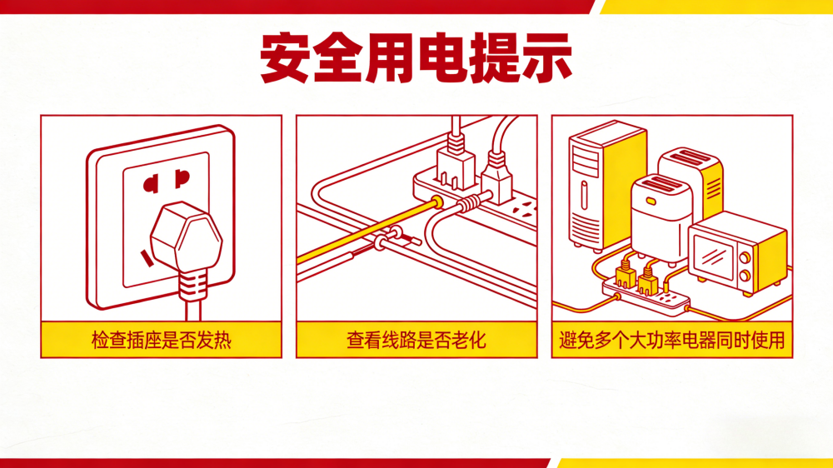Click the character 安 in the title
pos(285,57)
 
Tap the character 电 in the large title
pos(442,57)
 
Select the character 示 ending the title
pos(546,57)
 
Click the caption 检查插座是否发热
pos(162,340)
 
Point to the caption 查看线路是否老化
pos(416,340)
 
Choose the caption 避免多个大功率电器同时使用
pos(672,340)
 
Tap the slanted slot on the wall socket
pos(145,258)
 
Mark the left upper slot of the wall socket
pos(151,184)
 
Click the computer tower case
pos(606,186)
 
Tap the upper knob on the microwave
pos(745,258)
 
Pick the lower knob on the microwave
pos(745,275)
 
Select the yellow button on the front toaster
pos(651,202)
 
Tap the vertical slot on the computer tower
pos(584,195)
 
